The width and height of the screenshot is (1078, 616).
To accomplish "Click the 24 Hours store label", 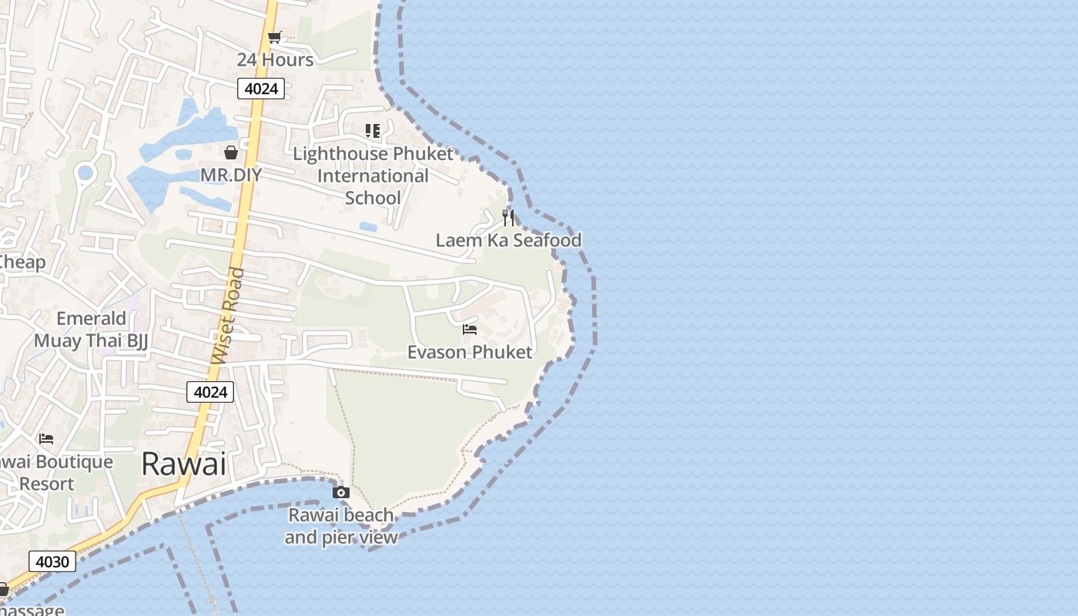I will (x=275, y=60).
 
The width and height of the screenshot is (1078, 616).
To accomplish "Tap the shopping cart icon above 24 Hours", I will (x=274, y=37).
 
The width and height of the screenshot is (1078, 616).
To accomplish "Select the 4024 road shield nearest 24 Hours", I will (x=261, y=89).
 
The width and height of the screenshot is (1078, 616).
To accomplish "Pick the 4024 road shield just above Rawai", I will (x=210, y=392).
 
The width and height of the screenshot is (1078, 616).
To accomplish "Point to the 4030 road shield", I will (x=52, y=561).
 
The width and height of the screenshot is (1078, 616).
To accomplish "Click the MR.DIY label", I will (x=231, y=175).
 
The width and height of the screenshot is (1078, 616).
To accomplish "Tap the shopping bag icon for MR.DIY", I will (x=230, y=152).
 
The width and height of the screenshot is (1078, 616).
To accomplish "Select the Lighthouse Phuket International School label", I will (x=373, y=176).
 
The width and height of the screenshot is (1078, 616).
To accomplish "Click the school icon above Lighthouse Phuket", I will (x=373, y=131).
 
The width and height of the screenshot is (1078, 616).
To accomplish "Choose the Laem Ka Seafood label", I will (x=508, y=240).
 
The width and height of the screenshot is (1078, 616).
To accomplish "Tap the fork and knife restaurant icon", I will (x=508, y=217).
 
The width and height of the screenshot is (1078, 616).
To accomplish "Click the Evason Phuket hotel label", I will (x=470, y=353).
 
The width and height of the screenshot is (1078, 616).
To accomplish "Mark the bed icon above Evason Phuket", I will (x=470, y=330).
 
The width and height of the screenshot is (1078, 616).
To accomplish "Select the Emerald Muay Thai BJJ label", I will (x=91, y=329).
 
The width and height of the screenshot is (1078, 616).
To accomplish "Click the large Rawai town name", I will (x=184, y=464).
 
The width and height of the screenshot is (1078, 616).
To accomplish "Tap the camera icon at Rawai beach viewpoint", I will (x=341, y=492).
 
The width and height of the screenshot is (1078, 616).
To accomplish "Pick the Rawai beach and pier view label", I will (x=341, y=526).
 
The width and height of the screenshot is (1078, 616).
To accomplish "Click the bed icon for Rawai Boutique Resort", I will (x=46, y=439).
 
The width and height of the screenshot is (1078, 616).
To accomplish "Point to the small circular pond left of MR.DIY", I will (x=85, y=172).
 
